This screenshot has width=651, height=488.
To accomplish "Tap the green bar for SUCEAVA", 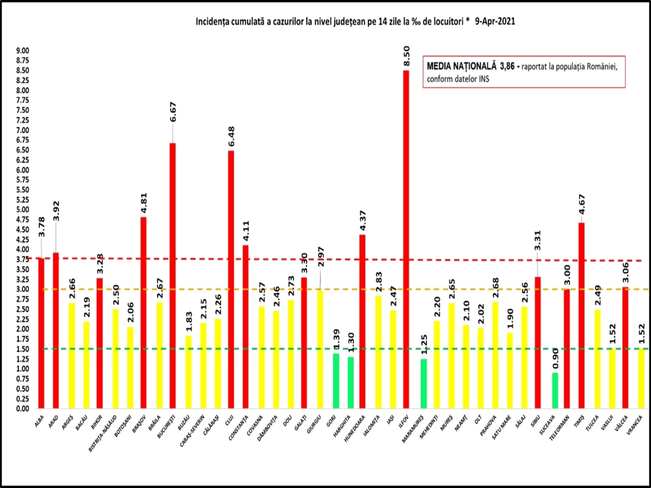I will coord(555,390).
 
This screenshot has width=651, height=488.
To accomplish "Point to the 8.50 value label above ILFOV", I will coord(406,56).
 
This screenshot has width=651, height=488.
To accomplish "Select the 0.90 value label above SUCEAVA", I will coord(555,359).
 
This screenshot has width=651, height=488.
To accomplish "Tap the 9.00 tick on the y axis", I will coord(23,51).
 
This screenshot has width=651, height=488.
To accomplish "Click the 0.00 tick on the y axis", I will coord(23,409).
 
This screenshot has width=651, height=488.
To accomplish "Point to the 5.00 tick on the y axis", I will coord(23,210).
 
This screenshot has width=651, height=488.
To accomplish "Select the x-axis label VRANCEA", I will coord(635,425).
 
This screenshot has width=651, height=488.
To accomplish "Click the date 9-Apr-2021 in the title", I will coord(495,22).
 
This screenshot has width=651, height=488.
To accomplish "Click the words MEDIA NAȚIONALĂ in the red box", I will coord(461,66).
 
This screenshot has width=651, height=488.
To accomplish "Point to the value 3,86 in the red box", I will coord(507,66).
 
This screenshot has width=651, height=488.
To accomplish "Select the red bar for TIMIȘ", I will coord(581,316).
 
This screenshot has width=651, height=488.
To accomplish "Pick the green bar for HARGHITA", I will coord(351,383).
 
